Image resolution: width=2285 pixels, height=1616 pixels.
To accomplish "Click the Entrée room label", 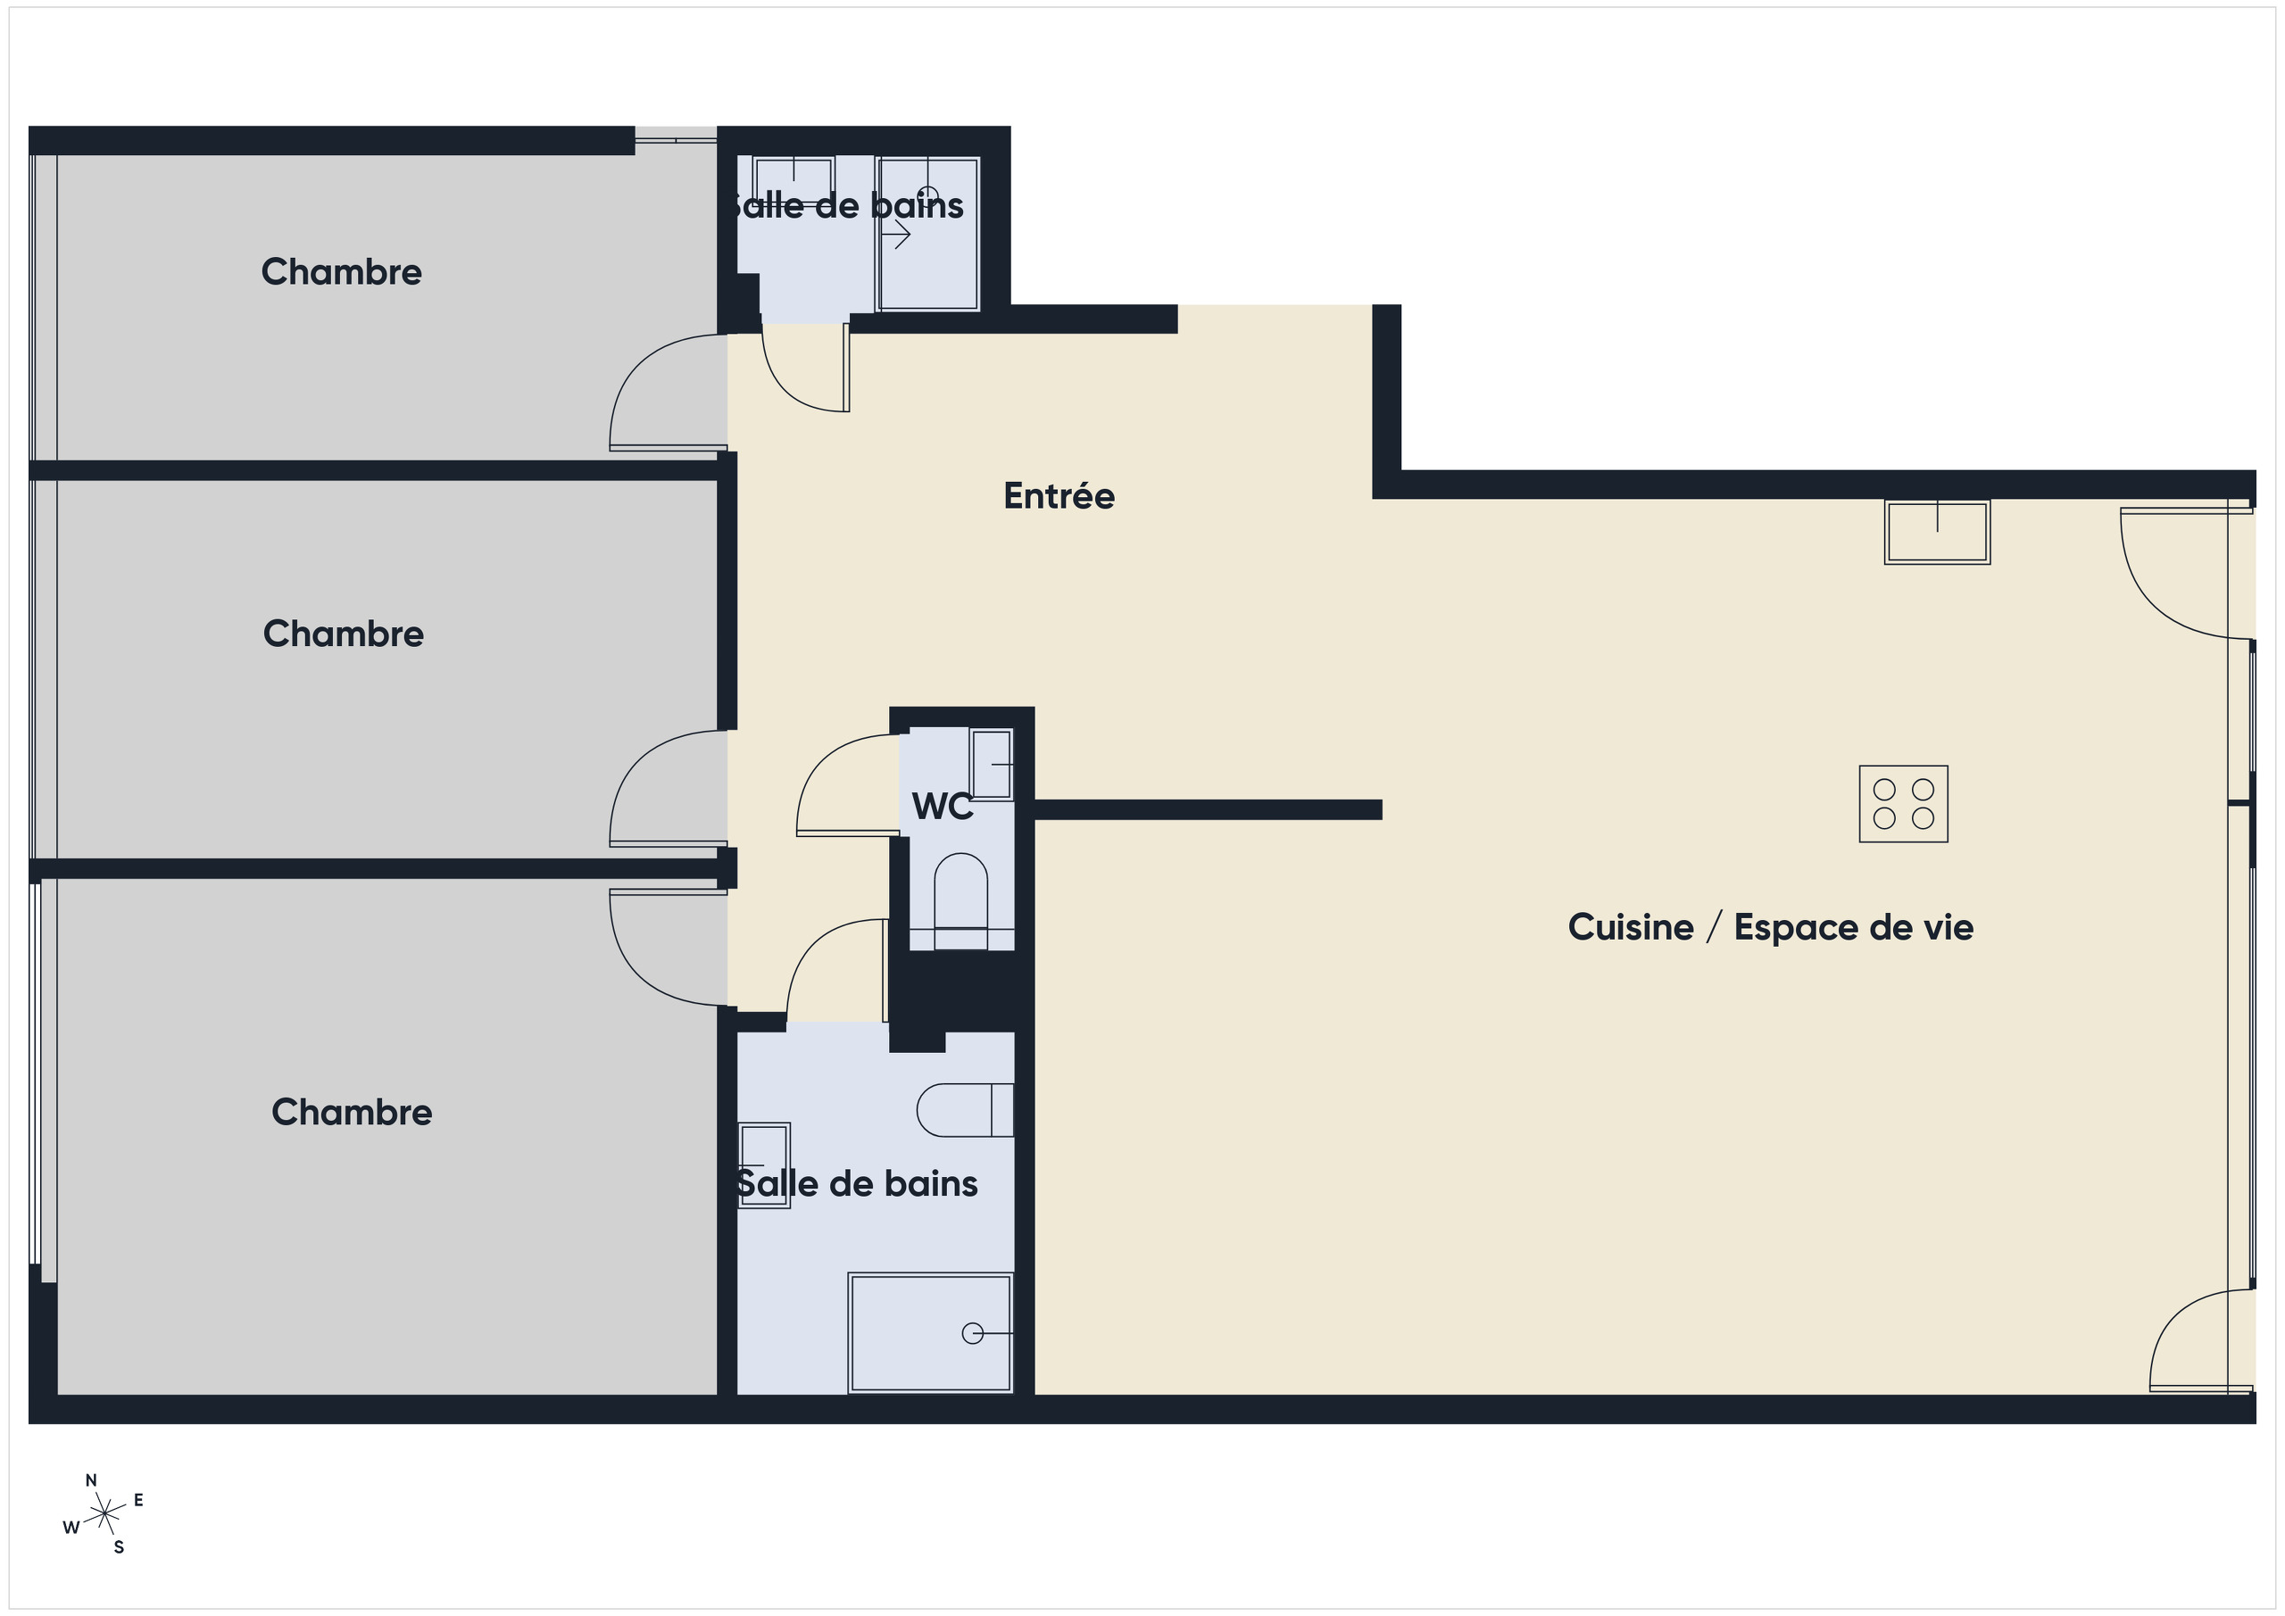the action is click(1059, 495).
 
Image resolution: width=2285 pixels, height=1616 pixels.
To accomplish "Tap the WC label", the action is click(943, 806).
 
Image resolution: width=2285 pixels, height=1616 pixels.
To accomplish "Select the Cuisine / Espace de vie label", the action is click(1771, 927).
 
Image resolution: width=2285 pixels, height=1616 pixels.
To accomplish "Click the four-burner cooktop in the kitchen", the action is click(1903, 804).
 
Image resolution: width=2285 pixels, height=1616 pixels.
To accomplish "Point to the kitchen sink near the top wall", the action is click(1937, 533).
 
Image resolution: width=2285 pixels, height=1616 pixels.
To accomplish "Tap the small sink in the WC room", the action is click(992, 764).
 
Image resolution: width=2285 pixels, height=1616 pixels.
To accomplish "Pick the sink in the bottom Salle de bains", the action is click(764, 1165).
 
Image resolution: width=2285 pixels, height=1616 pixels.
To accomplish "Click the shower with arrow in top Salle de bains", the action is click(927, 234).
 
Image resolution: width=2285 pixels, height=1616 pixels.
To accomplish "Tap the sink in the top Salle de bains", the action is click(794, 180).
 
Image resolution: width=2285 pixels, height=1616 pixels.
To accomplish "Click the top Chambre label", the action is click(341, 271).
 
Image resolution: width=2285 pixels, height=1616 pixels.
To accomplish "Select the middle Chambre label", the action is click(344, 634).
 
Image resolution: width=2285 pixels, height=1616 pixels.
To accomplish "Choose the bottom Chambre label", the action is click(352, 1113).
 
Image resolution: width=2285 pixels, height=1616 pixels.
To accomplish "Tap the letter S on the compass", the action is click(120, 1547).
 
